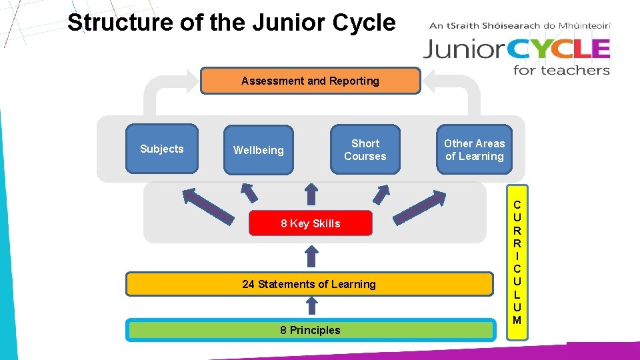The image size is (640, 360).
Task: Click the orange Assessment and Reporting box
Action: pyautogui.click(x=310, y=81)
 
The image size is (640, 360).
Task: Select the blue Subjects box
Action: pyautogui.click(x=162, y=149)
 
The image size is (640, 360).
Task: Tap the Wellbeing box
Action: pyautogui.click(x=259, y=150)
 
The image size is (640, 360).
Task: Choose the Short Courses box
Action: pyautogui.click(x=365, y=149)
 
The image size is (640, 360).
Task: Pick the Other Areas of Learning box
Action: pyautogui.click(x=475, y=149)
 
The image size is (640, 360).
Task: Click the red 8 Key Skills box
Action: pyautogui.click(x=310, y=223)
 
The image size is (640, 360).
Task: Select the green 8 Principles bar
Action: pyautogui.click(x=310, y=330)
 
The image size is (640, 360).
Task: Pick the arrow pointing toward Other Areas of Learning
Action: pyautogui.click(x=419, y=207)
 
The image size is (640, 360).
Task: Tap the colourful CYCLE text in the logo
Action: pyautogui.click(x=564, y=49)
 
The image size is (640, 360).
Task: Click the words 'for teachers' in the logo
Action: pyautogui.click(x=561, y=70)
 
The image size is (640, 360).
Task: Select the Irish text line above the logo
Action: pyautogui.click(x=520, y=27)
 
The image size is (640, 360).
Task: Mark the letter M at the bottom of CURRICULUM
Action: pyautogui.click(x=517, y=320)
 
